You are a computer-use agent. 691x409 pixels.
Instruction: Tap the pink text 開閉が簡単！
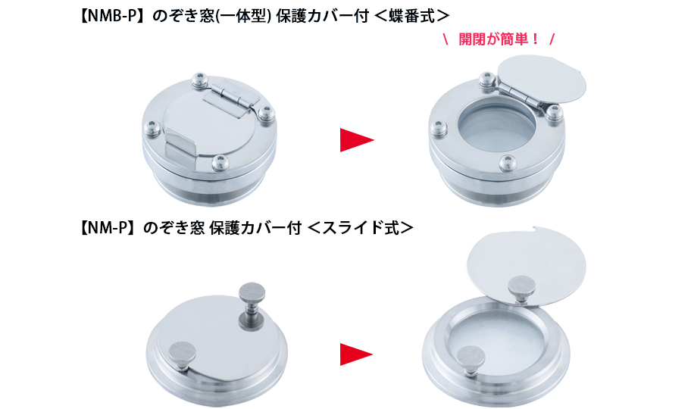pos(499,39)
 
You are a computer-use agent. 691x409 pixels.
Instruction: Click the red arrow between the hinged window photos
pos(357,139)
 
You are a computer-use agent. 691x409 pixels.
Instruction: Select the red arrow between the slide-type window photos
pos(357,354)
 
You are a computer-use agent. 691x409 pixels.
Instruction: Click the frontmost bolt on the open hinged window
pos(508,163)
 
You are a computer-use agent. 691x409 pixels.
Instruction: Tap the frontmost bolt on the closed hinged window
pos(220,162)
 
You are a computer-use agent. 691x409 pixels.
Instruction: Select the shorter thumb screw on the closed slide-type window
pos(183,357)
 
